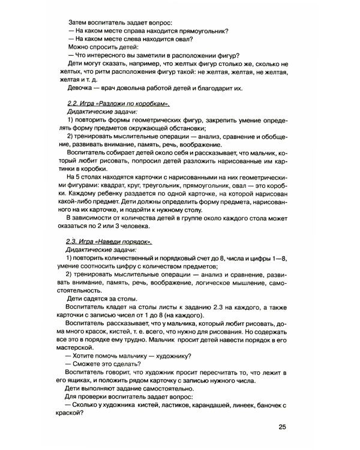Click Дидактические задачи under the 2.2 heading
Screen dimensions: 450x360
pyautogui.click(x=101, y=112)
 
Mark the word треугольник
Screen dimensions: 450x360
pyautogui.click(x=170, y=185)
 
